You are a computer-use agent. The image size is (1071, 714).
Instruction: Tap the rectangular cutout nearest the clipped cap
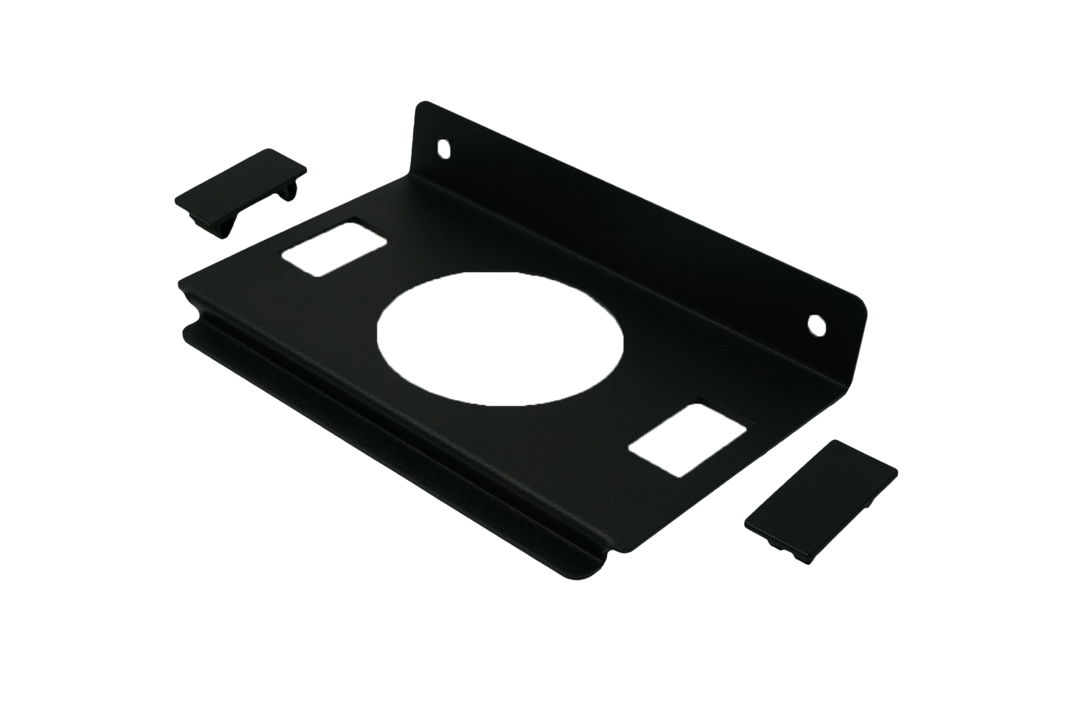333,246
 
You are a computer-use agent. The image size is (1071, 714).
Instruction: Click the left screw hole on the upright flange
444,149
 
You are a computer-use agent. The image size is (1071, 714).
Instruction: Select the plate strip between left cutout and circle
371,286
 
